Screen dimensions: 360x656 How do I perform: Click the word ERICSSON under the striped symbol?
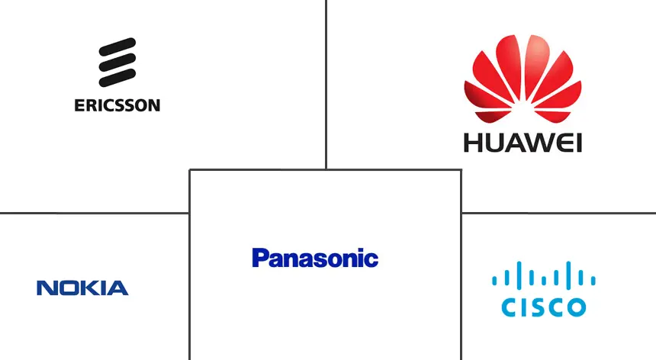click(117, 105)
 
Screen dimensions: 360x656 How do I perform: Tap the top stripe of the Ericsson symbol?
click(117, 47)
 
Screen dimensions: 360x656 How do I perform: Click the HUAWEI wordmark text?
click(523, 142)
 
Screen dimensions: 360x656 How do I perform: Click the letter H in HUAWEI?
click(474, 142)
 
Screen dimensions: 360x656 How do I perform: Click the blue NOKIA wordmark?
click(82, 288)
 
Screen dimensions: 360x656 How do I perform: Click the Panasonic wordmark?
click(314, 258)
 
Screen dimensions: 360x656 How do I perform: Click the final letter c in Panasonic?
click(371, 260)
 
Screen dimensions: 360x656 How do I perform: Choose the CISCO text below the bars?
click(543, 307)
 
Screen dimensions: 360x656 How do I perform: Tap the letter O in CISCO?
click(577, 307)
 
